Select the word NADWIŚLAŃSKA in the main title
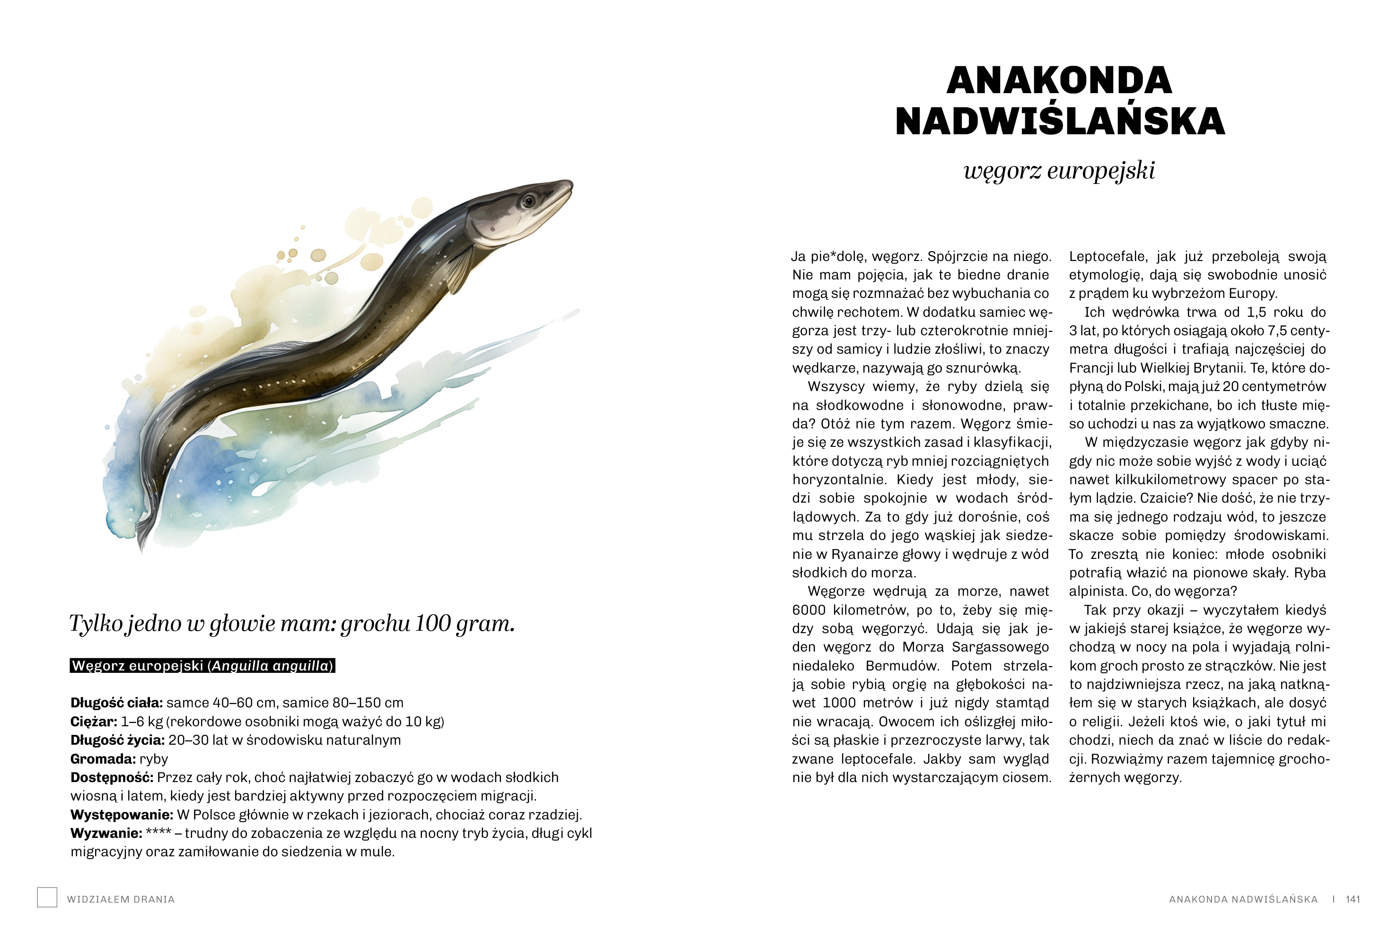[1060, 121]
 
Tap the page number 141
[1353, 899]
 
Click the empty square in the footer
[47, 897]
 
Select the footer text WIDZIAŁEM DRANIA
[121, 899]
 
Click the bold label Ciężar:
[94, 722]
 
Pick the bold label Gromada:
[103, 759]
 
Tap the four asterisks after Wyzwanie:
[158, 833]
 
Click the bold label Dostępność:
[112, 777]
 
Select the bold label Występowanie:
[122, 815]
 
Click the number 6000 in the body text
[808, 610]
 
